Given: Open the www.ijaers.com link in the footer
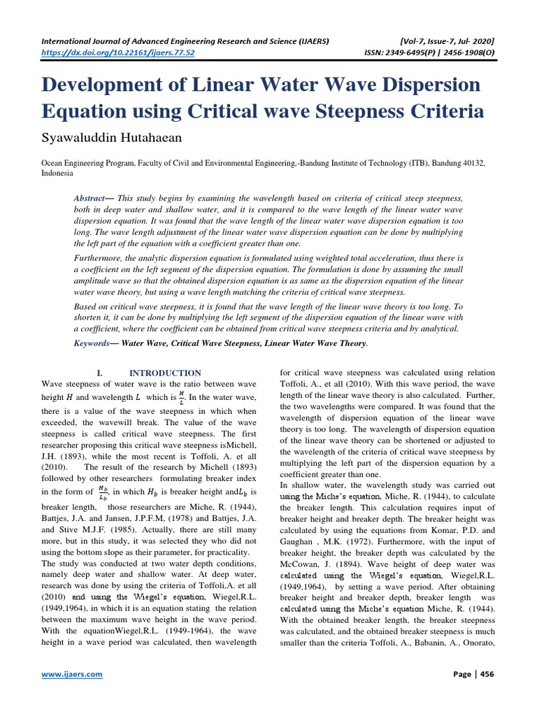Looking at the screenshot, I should [x=73, y=674].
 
